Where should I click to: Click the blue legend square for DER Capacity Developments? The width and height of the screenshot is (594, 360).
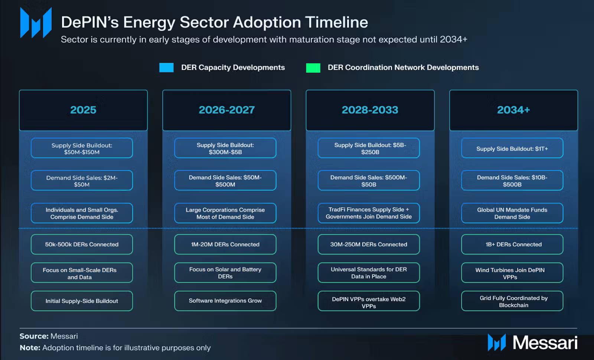point(166,67)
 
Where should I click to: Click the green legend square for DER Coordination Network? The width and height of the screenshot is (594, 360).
point(313,68)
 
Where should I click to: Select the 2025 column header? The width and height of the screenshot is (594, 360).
point(83,110)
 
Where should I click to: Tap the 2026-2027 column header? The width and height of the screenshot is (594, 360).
point(227,110)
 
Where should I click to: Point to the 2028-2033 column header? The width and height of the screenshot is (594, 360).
point(370,110)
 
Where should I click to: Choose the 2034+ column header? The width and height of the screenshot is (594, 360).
point(514,110)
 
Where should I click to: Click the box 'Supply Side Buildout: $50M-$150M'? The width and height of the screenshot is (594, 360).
point(82,148)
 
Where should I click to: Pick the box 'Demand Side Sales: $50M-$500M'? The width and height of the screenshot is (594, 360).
point(225,181)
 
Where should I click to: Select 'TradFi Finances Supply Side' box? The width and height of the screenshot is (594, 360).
point(369,213)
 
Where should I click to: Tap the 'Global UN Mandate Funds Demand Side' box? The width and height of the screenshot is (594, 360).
point(512,213)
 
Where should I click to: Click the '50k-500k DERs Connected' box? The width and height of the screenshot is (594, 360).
point(82,244)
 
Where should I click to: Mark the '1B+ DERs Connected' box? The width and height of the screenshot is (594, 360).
point(512,244)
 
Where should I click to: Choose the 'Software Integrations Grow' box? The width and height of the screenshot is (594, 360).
point(225,301)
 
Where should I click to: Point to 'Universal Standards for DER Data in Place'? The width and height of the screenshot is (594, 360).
point(369,272)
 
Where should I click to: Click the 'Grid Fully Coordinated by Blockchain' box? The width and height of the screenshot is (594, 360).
point(512,301)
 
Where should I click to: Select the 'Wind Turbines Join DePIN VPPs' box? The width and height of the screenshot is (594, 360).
point(512,272)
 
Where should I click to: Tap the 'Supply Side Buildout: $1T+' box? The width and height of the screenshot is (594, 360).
point(512,148)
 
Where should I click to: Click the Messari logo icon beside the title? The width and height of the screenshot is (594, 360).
point(36,23)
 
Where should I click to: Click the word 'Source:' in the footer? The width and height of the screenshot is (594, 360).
point(34,336)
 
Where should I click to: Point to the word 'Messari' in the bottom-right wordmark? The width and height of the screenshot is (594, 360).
point(545,343)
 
